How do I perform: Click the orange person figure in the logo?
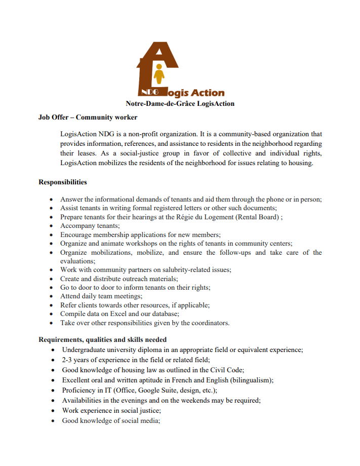coord(159,74)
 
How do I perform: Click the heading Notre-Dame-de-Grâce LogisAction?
coord(180,104)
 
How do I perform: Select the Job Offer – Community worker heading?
coord(88,118)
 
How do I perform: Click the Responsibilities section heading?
coord(63,182)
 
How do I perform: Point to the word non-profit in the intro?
coord(154,134)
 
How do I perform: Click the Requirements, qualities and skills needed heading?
coord(103,339)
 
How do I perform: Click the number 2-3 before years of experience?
coord(68,360)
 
